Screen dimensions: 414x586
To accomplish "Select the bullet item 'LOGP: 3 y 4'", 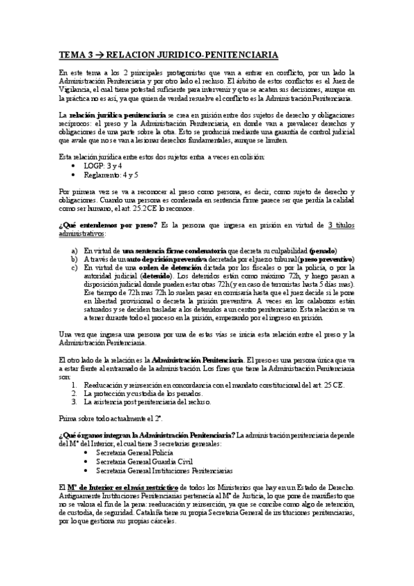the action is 104,167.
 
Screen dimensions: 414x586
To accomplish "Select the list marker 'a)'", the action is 74,249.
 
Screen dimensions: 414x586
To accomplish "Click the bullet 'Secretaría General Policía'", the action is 136,452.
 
